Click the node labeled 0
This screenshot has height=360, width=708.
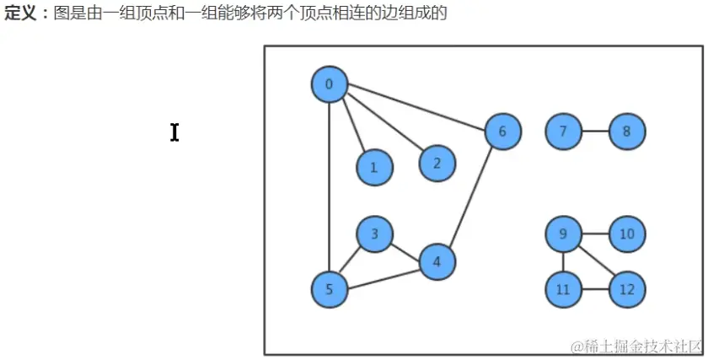coord(329,83)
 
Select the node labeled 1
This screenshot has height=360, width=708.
coord(374,167)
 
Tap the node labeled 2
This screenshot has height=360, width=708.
coord(437,164)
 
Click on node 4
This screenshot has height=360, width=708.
coord(437,261)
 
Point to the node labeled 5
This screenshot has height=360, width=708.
coord(329,290)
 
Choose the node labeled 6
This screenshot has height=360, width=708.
coord(502,132)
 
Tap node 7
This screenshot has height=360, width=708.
coord(563,132)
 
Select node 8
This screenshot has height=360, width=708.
coord(626,132)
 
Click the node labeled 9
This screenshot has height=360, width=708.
coord(563,234)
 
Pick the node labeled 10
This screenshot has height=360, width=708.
coord(626,234)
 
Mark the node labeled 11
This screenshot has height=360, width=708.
coord(563,290)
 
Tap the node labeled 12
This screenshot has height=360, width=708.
coord(626,290)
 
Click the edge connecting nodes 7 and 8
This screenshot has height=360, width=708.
coord(594,132)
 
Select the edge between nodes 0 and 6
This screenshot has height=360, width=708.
coord(416,107)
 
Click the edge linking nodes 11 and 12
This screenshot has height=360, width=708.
coord(594,290)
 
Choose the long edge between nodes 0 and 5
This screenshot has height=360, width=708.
coord(329,187)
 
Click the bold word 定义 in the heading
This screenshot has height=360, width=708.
coord(21,14)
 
